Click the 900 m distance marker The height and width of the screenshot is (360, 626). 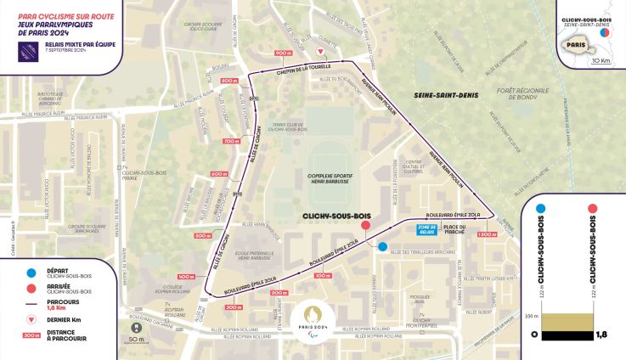click(283, 53)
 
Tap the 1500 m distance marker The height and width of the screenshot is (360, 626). click(488, 234)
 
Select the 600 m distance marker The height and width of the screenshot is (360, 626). click(219, 174)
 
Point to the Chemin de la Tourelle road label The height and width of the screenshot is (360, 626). click(303, 70)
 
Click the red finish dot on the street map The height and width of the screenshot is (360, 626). click(365, 226)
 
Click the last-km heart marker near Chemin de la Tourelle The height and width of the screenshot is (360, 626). click(343, 53)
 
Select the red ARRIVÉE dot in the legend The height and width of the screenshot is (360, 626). click(31, 289)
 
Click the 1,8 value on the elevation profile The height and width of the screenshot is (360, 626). click(601, 335)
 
